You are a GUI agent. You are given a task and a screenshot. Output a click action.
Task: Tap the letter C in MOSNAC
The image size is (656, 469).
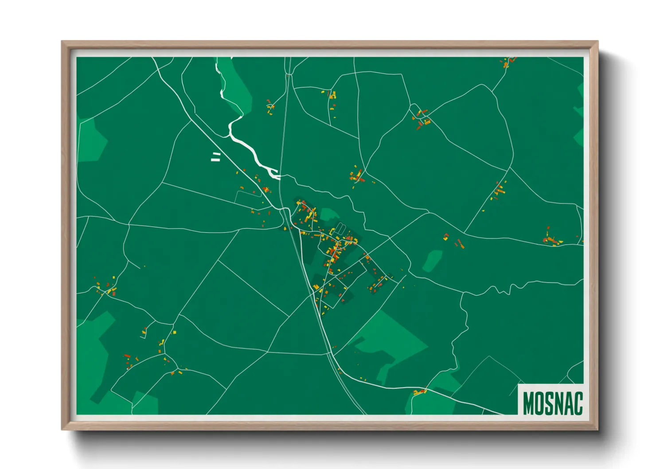(577, 403)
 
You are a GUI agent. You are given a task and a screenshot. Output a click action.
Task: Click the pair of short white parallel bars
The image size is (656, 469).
(216, 156)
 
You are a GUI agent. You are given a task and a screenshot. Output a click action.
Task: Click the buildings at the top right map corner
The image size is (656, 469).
(508, 61)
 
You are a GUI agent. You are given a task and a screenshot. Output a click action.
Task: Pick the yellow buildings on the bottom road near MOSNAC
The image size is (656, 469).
(419, 392)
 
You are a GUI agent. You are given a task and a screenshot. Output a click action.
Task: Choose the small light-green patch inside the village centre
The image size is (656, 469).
(328, 215)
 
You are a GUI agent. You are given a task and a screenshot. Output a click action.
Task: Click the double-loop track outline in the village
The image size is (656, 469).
(340, 229)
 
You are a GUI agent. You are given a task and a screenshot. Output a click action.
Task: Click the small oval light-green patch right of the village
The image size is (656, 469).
(432, 261)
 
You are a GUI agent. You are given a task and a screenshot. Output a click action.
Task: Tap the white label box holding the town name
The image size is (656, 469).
(551, 400)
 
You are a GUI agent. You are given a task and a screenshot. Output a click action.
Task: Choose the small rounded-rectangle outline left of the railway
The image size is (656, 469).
(248, 198)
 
